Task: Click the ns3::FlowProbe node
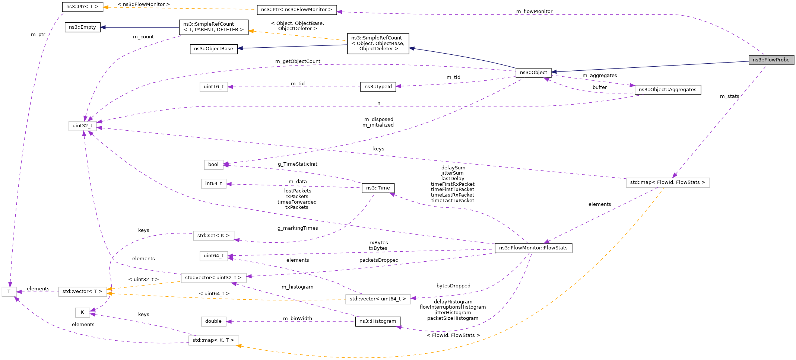[x=771, y=60]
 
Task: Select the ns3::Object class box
[x=533, y=73]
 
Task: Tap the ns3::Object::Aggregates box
[x=667, y=90]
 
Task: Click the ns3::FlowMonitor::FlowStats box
[x=533, y=248]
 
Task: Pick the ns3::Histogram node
[x=378, y=321]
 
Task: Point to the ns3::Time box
[x=378, y=188]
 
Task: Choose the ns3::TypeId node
[x=378, y=87]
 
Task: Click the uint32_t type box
[x=82, y=126]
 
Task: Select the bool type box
[x=213, y=165]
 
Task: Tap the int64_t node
[x=213, y=184]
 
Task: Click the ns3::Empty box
[x=82, y=27]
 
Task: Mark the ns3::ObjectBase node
[x=213, y=49]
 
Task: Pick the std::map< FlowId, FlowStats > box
[x=667, y=182]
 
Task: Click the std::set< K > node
[x=213, y=236]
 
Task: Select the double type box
[x=213, y=321]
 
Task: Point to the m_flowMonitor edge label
[x=534, y=12]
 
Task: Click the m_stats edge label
[x=729, y=96]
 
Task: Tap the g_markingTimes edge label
[x=298, y=228]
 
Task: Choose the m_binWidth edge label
[x=297, y=319]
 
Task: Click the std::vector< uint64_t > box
[x=378, y=299]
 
